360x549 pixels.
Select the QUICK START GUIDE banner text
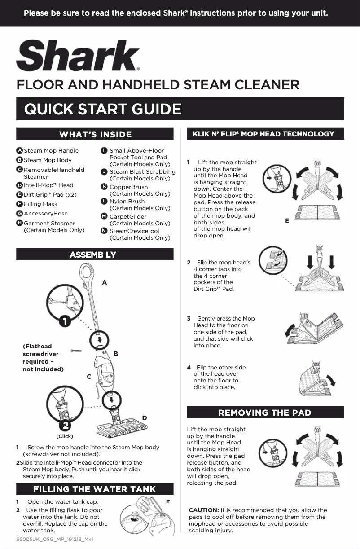(103, 109)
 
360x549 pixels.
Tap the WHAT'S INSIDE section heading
(96, 135)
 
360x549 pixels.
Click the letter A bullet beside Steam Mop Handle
(19, 150)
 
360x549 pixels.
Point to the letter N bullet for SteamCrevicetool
(104, 231)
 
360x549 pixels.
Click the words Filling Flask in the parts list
(40, 204)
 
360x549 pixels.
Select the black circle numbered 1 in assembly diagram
(66, 321)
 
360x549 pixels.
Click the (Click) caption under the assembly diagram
(65, 436)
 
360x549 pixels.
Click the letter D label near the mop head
(145, 417)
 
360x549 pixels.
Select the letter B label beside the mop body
(116, 354)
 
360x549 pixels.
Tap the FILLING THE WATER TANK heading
(95, 489)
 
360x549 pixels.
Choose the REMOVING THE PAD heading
(264, 413)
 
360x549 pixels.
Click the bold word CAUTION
(204, 510)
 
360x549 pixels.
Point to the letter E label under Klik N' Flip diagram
(286, 221)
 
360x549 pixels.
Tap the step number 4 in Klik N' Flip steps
(189, 367)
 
